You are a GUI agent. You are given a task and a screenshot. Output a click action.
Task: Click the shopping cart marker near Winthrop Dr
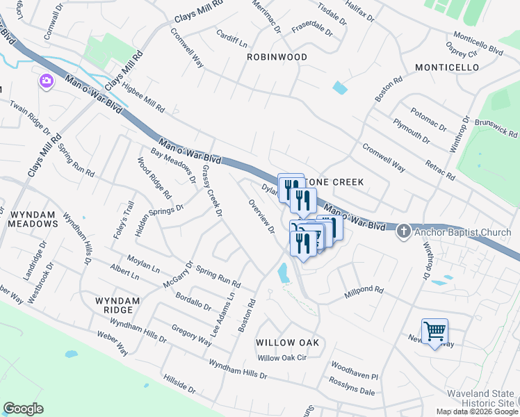click(434, 332)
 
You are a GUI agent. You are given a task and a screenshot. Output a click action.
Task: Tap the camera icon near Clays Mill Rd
click(47, 82)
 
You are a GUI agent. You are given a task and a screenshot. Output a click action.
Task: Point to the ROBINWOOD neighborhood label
click(277, 58)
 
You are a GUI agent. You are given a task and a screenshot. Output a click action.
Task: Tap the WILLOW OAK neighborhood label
click(287, 343)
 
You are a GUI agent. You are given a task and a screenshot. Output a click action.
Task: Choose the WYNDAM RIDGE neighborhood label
click(117, 306)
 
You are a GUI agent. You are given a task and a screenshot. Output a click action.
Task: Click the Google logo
click(23, 409)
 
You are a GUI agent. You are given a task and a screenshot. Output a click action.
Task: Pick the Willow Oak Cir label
click(282, 358)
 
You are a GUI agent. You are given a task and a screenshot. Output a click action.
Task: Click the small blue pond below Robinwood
click(339, 88)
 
